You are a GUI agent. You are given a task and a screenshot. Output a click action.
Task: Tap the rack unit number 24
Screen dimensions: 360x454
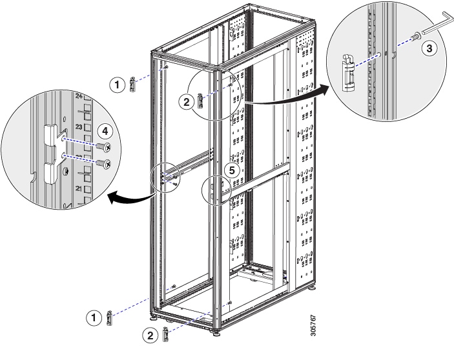pyautogui.click(x=79, y=96)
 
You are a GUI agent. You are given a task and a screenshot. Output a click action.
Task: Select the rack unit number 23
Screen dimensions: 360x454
pyautogui.click(x=79, y=127)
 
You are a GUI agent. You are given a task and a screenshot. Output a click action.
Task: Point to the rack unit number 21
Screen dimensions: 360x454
pyautogui.click(x=79, y=188)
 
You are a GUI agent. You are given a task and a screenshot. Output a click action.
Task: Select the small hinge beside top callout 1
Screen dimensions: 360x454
pyautogui.click(x=134, y=85)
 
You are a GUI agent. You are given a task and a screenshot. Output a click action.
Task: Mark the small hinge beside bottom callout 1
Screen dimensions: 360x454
pyautogui.click(x=110, y=317)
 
